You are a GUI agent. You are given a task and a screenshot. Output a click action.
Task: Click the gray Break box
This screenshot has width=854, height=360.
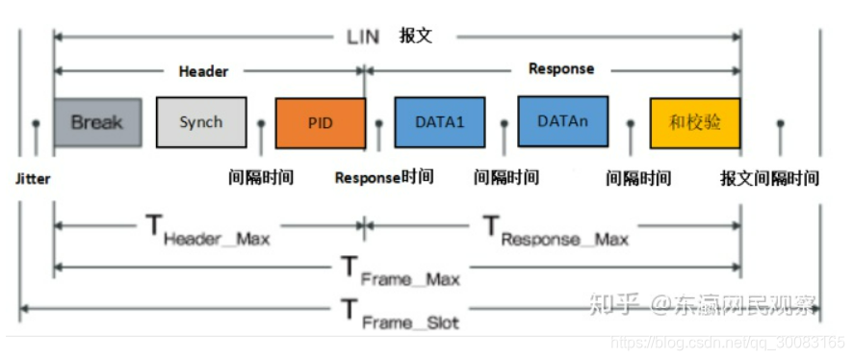point(96,122)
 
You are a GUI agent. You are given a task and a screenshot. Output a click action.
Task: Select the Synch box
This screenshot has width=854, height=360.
point(200,122)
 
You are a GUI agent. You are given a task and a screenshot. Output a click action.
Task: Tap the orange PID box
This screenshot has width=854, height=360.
point(320,124)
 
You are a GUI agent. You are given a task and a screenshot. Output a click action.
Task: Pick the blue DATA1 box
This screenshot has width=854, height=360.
point(439,123)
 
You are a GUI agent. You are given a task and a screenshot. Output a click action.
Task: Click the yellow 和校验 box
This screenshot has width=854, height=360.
point(695,123)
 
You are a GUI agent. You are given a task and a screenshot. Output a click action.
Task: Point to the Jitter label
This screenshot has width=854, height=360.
point(33,179)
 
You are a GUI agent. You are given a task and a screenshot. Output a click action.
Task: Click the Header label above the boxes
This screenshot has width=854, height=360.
point(203,71)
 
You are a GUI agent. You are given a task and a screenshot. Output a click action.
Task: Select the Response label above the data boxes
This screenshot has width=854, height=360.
point(561,69)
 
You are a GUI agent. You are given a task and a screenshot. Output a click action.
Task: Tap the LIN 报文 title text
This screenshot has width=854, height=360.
point(390,37)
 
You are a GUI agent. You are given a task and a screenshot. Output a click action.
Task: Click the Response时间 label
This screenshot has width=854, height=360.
point(383,177)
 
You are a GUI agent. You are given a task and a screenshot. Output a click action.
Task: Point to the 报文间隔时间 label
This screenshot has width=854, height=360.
point(769,178)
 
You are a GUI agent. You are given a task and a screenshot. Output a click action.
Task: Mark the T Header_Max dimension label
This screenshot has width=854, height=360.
point(208,232)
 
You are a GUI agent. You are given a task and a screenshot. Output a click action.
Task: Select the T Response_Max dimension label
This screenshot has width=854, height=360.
point(555,232)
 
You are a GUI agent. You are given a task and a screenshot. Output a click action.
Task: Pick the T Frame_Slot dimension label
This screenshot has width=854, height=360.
point(401,314)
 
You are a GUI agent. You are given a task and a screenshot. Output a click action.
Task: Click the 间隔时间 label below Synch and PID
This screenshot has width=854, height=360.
point(261,177)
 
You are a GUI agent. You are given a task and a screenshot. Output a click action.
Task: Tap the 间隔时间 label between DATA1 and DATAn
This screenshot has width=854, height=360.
point(506,177)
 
